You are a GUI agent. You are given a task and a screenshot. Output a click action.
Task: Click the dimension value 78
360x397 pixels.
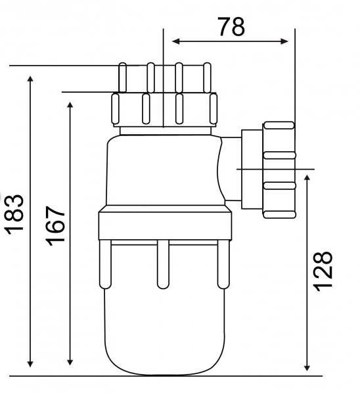(x=230, y=26)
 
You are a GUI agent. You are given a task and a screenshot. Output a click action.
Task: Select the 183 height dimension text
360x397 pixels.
(x=14, y=213)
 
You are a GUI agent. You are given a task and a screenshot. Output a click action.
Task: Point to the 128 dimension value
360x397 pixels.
(x=323, y=269)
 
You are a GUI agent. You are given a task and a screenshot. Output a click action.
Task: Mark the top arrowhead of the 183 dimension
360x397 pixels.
(x=30, y=80)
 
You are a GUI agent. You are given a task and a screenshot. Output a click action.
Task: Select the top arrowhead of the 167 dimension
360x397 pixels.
(x=70, y=105)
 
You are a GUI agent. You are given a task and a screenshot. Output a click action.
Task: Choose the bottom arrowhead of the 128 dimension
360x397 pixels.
(x=307, y=366)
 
